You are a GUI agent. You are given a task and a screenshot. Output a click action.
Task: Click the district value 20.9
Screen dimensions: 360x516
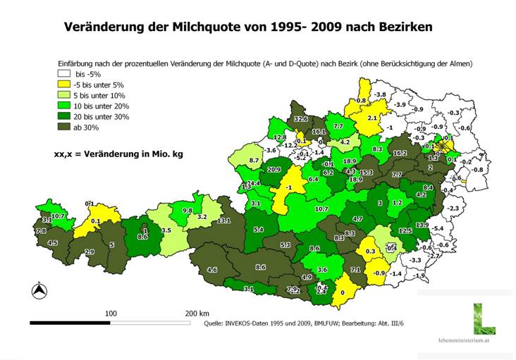274,170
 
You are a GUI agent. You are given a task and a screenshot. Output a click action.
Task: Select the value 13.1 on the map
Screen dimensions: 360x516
223,221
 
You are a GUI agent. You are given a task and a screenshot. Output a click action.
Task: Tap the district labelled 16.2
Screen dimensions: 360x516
400,153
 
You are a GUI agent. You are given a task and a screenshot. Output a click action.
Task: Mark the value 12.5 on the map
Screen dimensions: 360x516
405,230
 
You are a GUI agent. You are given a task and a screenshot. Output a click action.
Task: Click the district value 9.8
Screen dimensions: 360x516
188,211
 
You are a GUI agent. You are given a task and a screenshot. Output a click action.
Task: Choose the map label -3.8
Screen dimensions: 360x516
379,94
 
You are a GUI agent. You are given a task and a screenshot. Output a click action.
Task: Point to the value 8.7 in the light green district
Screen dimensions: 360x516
255,161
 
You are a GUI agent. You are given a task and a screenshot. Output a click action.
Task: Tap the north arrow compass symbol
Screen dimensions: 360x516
40,290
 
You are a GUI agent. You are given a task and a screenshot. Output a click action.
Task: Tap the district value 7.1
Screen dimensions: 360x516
355,270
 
